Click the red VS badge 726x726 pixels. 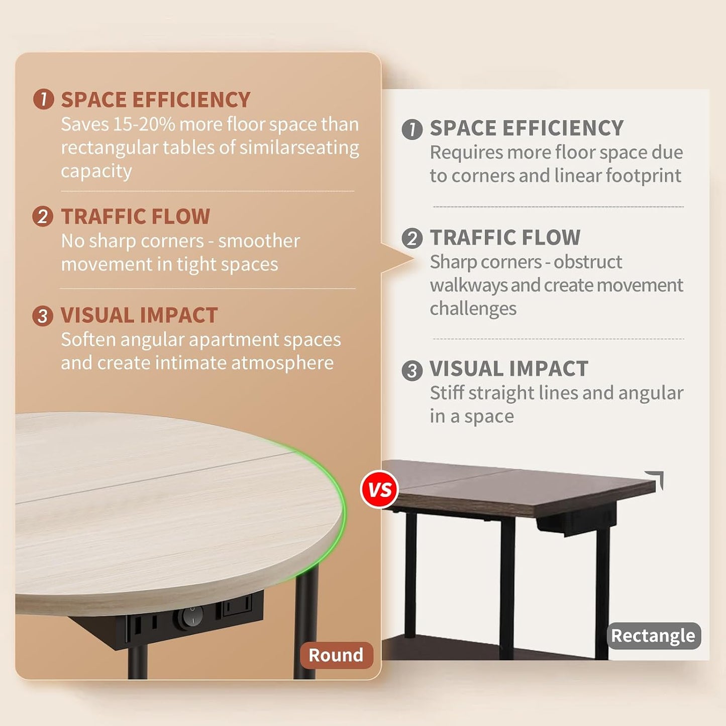click(x=379, y=489)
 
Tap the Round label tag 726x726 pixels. click(x=336, y=655)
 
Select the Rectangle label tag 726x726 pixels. click(x=653, y=636)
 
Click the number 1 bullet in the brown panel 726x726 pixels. click(x=43, y=99)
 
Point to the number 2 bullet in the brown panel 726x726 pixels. click(x=43, y=216)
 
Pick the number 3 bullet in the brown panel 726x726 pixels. click(x=43, y=316)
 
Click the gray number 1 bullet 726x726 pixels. click(x=412, y=129)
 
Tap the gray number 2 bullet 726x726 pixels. click(x=412, y=238)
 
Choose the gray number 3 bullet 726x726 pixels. click(x=412, y=370)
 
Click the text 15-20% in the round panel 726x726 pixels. click(x=144, y=124)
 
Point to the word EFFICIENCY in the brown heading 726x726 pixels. click(x=191, y=99)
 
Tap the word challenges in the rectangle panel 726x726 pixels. click(x=473, y=309)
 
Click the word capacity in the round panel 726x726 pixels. click(x=96, y=172)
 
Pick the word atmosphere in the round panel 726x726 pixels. click(x=282, y=363)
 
